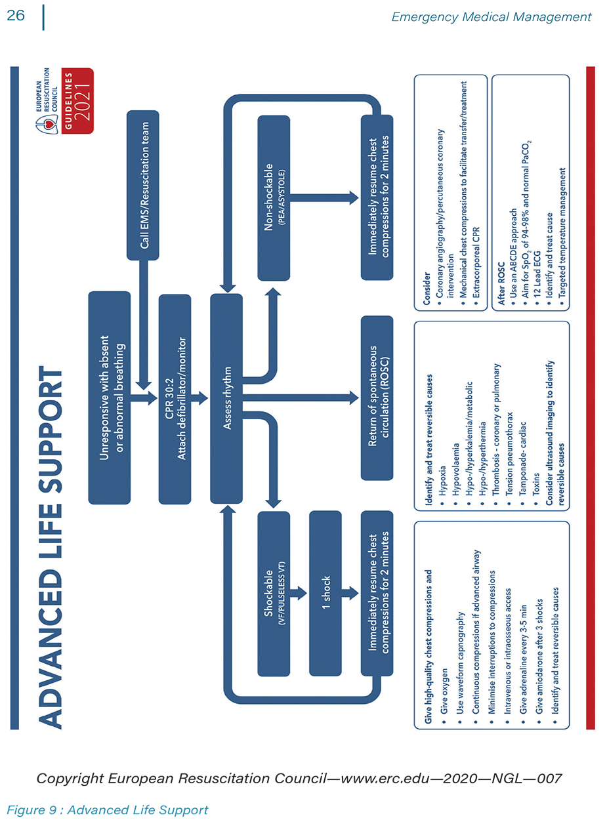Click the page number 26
[x=16, y=15]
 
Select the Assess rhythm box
[x=226, y=398]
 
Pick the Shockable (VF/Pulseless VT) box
[x=273, y=593]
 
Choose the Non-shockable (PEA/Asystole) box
[x=273, y=198]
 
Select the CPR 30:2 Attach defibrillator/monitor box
[x=175, y=398]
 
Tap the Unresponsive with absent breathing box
[x=109, y=398]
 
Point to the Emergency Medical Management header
[x=491, y=17]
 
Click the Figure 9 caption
[x=108, y=810]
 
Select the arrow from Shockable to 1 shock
[x=299, y=593]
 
